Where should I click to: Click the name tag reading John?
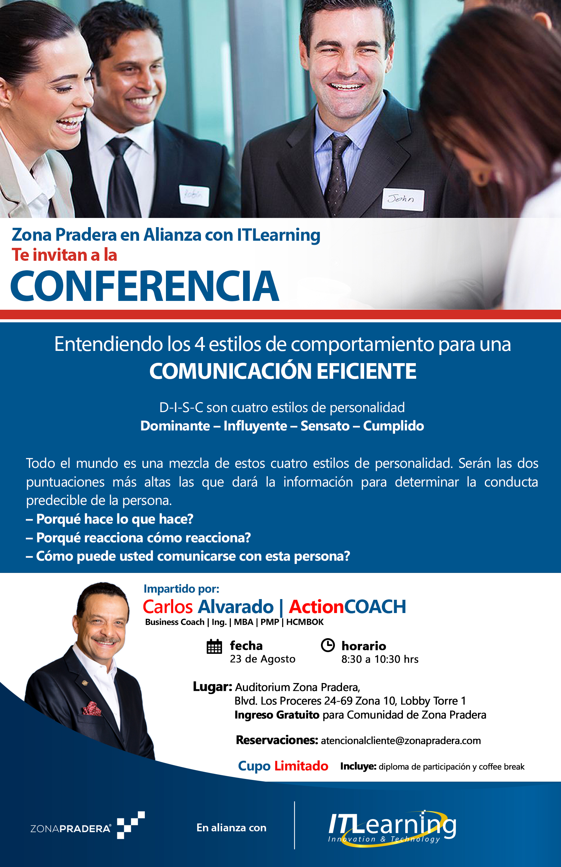(x=403, y=200)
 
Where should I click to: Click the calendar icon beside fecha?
(x=214, y=646)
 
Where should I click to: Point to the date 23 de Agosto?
(x=262, y=659)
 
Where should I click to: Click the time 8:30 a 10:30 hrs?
(x=379, y=659)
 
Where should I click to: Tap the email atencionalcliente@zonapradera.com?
(x=401, y=741)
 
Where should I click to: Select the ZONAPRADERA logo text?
(x=71, y=829)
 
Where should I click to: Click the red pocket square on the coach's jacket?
(x=91, y=709)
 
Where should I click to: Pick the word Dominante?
(x=175, y=426)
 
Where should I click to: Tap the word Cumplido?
(x=393, y=426)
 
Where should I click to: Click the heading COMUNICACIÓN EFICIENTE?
(x=283, y=371)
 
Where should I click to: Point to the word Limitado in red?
(x=301, y=766)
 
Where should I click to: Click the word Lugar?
(x=213, y=687)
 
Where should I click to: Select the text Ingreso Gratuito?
(x=277, y=715)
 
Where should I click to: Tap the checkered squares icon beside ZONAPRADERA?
(x=131, y=825)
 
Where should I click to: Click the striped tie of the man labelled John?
(x=336, y=171)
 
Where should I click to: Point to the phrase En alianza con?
(x=231, y=828)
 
